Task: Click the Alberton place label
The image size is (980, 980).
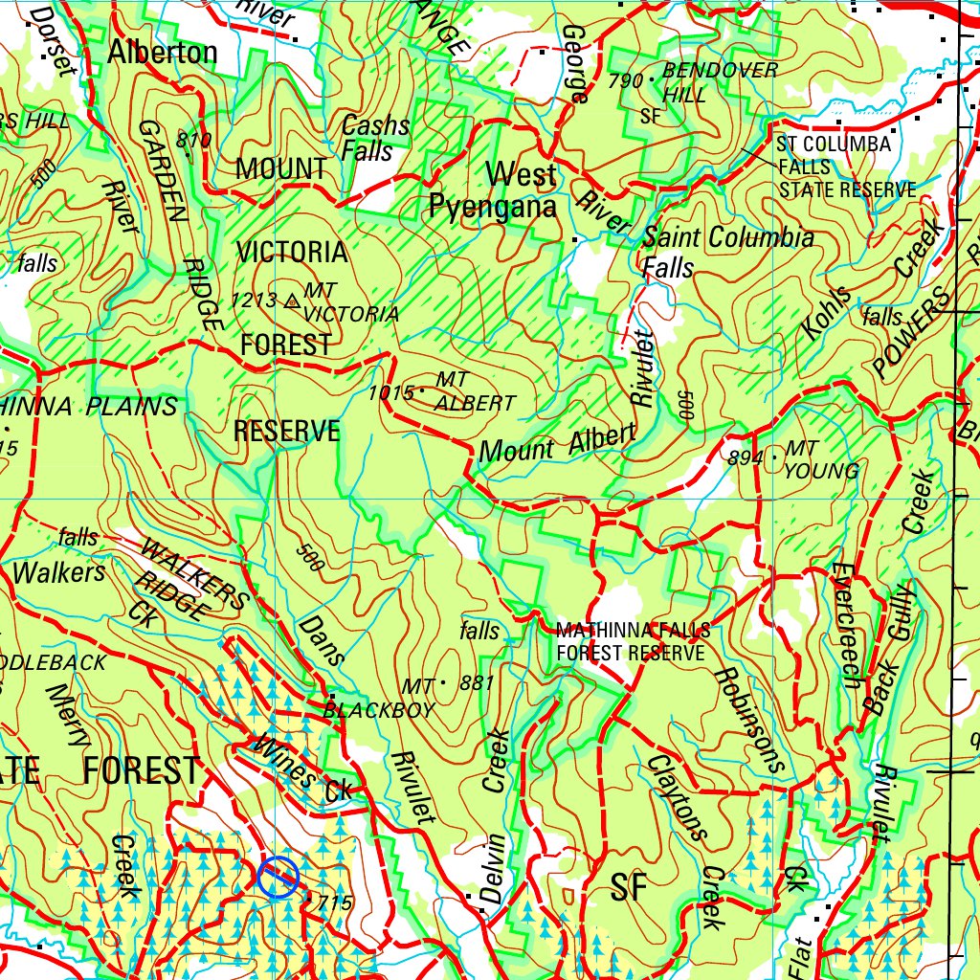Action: [x=162, y=53]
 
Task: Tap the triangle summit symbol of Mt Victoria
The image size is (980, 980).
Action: [x=293, y=301]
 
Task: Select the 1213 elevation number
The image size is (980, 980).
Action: [x=253, y=301]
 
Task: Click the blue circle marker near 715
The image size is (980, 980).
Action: [x=278, y=877]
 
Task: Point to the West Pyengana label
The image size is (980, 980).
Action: [x=494, y=190]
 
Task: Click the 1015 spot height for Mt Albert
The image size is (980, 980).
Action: [x=390, y=392]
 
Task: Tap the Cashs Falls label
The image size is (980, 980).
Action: [x=375, y=139]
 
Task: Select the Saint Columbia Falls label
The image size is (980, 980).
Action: [x=727, y=251]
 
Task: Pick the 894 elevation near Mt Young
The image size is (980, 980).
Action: [x=746, y=458]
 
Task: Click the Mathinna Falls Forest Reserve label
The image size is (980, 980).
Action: [x=633, y=641]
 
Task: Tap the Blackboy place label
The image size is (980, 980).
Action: [x=379, y=710]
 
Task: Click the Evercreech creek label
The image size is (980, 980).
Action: [x=845, y=625]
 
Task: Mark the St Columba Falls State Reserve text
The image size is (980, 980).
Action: [x=845, y=167]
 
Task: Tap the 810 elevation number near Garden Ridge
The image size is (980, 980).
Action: [x=194, y=142]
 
